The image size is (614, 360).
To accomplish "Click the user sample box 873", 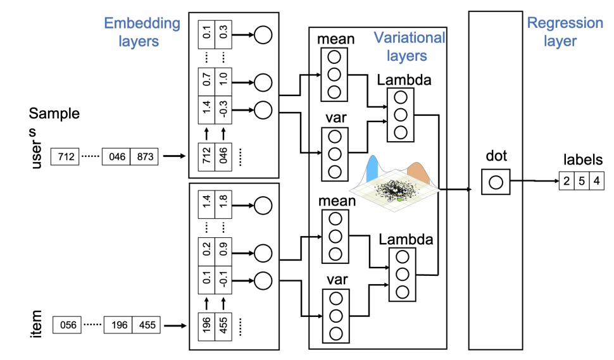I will click(145, 156).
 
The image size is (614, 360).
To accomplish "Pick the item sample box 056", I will click(66, 326).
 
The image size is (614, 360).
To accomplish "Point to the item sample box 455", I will click(146, 326).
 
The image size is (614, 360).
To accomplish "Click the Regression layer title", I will click(565, 32).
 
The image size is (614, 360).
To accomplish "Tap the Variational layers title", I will click(409, 46).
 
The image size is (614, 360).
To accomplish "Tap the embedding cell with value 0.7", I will click(206, 81).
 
